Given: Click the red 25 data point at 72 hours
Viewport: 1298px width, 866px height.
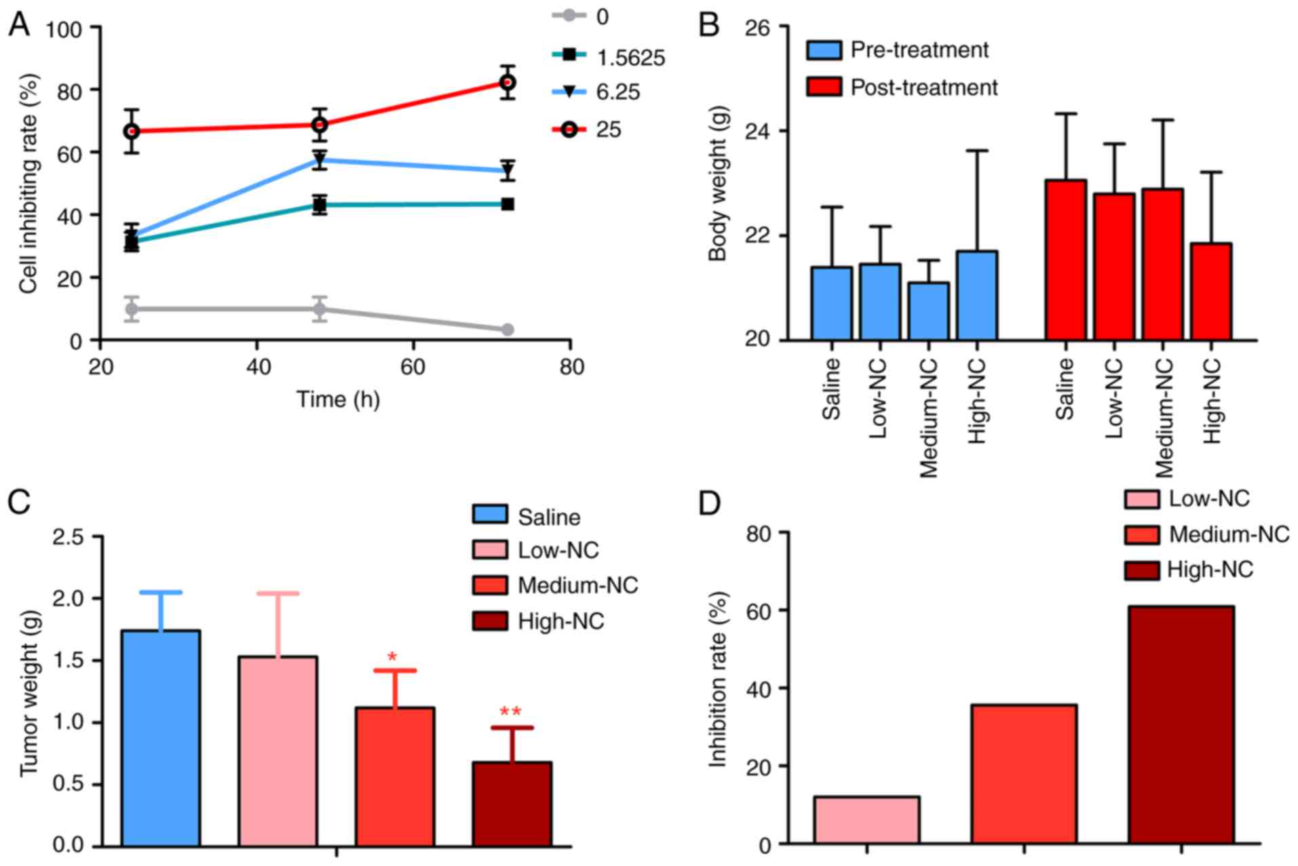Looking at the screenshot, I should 508,82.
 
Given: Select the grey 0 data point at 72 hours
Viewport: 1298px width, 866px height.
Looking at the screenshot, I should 508,330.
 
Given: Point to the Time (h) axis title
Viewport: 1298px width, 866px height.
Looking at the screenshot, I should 338,399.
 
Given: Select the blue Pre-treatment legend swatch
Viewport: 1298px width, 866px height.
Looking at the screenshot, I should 824,50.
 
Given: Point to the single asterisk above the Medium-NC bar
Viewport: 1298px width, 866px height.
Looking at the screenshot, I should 392,656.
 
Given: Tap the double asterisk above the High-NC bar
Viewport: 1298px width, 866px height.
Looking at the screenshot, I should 510,712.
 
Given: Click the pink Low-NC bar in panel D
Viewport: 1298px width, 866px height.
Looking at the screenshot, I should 866,820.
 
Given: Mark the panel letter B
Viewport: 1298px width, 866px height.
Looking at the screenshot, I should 709,26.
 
